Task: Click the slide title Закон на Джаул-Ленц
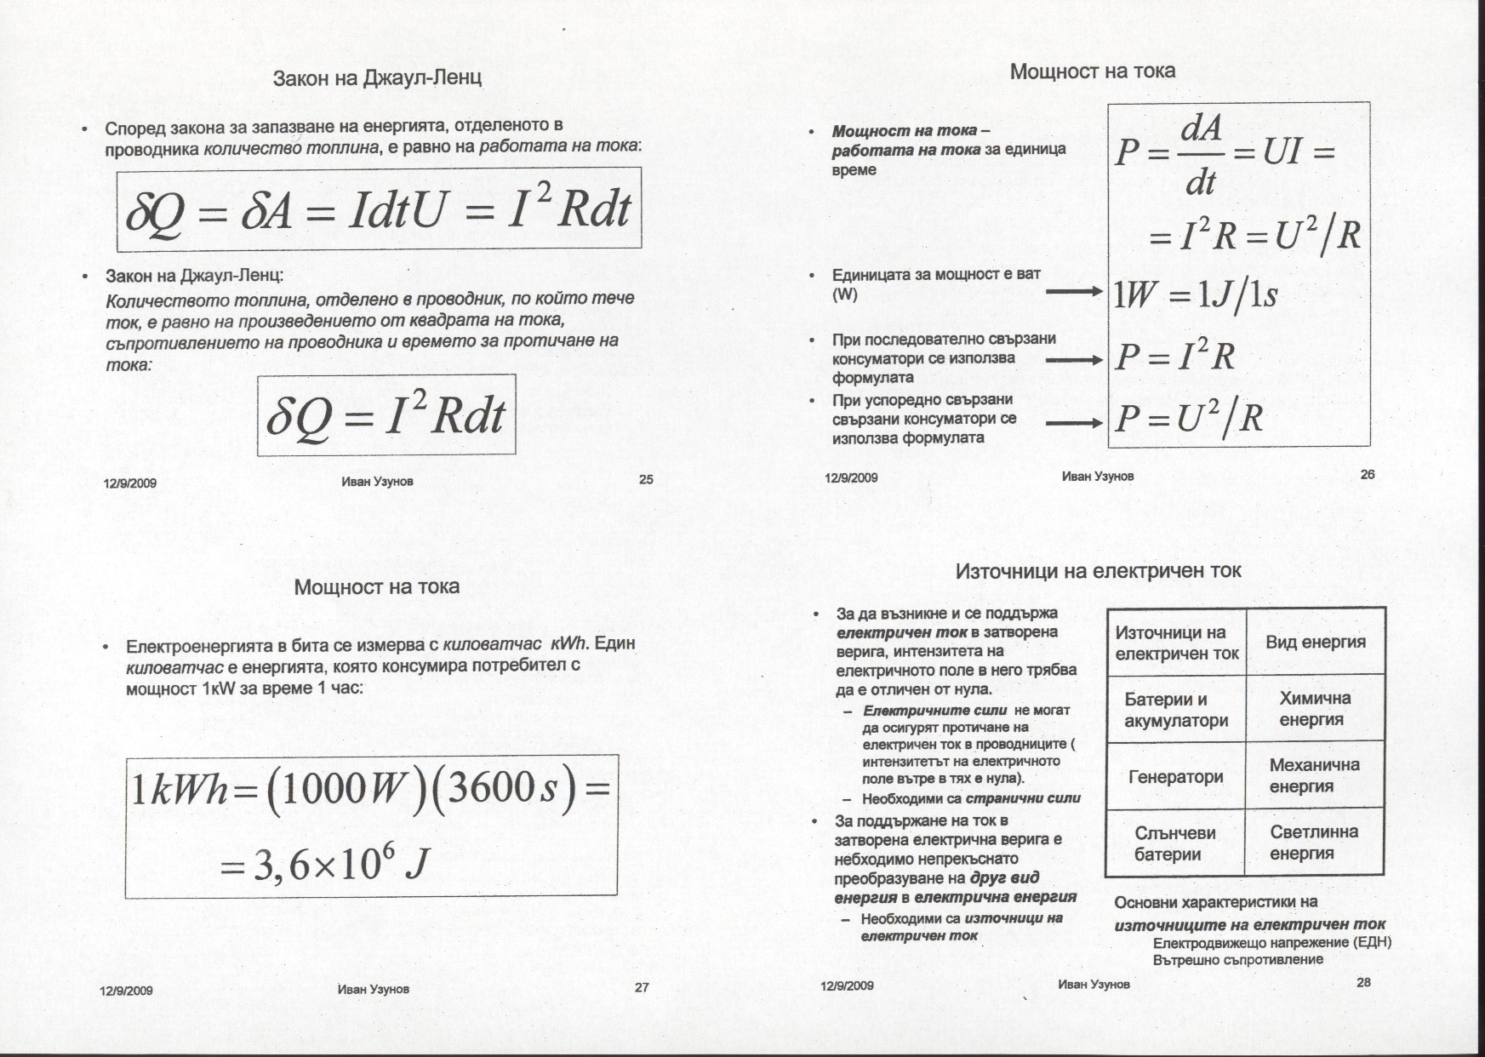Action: click(377, 78)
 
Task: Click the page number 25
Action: click(646, 480)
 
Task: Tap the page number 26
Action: click(1368, 475)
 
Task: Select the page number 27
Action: click(642, 988)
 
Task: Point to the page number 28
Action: click(1363, 983)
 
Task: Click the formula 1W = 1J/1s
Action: click(1196, 295)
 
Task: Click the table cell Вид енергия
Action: click(1315, 643)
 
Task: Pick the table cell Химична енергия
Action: click(1315, 709)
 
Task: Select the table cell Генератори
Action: click(1175, 777)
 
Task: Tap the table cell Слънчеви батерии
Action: click(1175, 843)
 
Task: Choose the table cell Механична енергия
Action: click(1315, 775)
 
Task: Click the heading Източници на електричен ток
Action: click(1098, 571)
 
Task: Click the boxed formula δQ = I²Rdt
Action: click(386, 415)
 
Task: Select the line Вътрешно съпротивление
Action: click(1237, 960)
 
